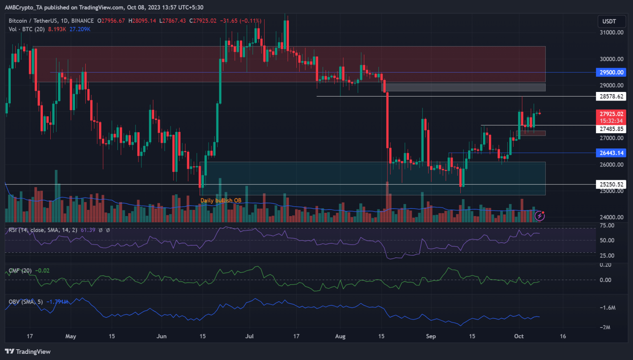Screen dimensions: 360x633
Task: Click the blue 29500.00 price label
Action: (611, 72)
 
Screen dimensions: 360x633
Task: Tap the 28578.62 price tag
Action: (611, 96)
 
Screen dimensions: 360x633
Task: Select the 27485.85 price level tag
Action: (611, 129)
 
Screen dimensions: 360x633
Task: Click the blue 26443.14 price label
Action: (611, 153)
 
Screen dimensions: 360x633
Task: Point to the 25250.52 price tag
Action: (611, 184)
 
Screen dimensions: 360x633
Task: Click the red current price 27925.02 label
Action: (611, 114)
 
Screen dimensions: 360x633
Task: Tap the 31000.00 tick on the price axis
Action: (611, 33)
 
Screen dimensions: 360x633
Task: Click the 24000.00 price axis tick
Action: (611, 217)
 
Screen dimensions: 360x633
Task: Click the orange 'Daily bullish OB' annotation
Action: (221, 200)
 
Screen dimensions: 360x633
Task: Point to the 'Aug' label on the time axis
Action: (340, 336)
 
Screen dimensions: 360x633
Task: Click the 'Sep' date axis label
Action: (431, 336)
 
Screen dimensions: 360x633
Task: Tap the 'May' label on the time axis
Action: (70, 336)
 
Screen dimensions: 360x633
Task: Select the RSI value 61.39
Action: (88, 230)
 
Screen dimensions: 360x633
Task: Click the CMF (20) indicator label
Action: (20, 271)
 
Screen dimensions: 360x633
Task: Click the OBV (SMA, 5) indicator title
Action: (26, 302)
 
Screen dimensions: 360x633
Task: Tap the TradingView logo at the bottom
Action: (28, 351)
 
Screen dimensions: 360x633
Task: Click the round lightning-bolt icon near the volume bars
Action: (539, 216)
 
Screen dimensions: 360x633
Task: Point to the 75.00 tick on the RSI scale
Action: (607, 226)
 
